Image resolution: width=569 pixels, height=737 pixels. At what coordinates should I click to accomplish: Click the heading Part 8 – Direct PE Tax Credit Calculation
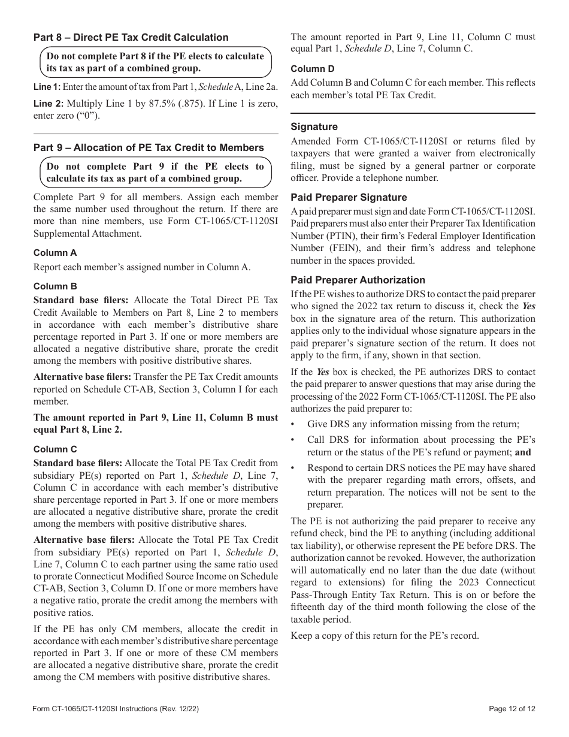(x=131, y=37)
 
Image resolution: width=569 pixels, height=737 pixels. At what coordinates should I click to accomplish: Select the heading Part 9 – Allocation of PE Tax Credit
(x=149, y=147)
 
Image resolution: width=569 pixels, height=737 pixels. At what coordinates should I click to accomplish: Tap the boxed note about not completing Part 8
(x=155, y=62)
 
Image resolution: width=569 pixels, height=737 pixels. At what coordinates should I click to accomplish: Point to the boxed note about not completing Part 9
(x=155, y=173)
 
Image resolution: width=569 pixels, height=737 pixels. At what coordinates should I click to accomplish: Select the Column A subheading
(x=55, y=253)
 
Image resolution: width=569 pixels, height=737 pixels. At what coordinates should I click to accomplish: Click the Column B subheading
(x=55, y=286)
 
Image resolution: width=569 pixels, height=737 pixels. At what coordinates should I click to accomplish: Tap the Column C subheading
(x=55, y=449)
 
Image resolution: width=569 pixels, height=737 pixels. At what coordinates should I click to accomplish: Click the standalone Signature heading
(x=314, y=126)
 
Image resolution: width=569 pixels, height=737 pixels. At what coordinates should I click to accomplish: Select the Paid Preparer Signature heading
(x=349, y=197)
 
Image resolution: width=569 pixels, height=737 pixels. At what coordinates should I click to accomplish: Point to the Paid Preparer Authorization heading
(x=358, y=280)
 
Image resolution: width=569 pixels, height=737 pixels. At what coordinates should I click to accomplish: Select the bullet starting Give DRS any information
(x=413, y=424)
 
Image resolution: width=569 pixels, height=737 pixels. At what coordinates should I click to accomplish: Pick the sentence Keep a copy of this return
(x=385, y=635)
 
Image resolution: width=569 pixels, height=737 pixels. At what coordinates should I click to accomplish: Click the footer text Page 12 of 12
(x=512, y=709)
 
